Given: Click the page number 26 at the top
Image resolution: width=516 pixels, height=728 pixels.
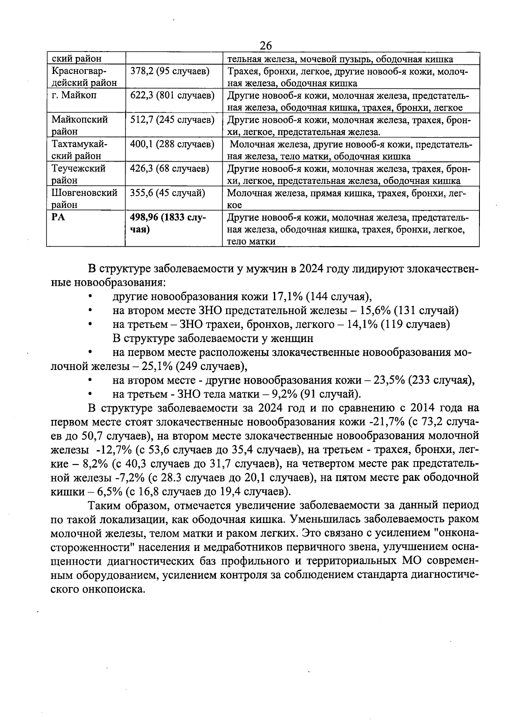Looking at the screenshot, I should (266, 45).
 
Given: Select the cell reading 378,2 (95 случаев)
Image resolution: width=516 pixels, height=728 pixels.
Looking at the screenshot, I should (169, 71).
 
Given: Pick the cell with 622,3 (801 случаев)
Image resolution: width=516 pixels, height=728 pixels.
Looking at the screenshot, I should (172, 95).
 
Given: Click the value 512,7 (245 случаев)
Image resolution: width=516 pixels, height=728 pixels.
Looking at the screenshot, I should (172, 120).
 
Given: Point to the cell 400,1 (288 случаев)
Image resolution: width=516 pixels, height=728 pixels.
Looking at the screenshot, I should (172, 144).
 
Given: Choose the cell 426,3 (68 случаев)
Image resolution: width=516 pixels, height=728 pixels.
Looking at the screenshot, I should (169, 168).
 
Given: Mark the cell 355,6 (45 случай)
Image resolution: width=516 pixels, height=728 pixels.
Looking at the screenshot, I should (168, 193).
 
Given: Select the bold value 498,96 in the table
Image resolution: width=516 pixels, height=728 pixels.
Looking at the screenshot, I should (145, 217).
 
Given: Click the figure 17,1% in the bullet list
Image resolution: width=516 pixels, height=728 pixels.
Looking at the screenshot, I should (286, 297).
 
